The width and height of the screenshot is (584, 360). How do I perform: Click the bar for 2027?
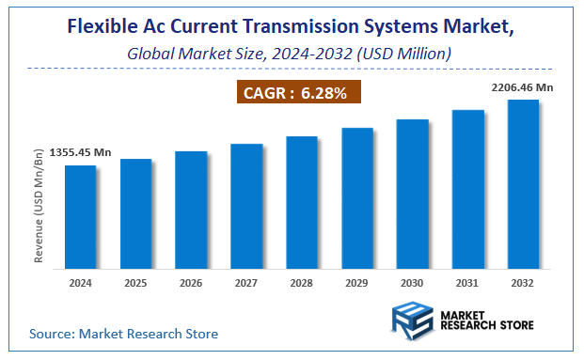246,208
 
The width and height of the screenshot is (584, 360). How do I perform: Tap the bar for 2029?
357,199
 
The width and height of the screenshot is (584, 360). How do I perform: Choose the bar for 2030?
412,196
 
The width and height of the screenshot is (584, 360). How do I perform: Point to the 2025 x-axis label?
135,283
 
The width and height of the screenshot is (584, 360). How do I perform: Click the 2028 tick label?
302,283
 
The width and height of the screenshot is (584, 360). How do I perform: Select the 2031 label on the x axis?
467,283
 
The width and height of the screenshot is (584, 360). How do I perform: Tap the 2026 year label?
191,283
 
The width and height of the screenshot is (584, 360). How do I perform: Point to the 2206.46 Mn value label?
523,87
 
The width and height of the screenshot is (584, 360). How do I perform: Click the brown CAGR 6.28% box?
296,93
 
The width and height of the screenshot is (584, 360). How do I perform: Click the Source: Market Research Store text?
123,333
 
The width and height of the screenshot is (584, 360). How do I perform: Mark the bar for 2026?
191,211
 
